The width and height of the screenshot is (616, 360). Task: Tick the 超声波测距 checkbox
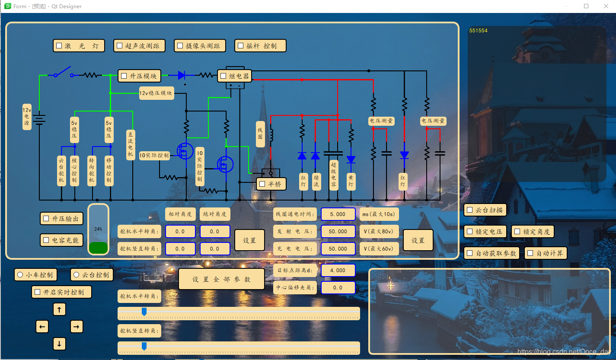[120, 46]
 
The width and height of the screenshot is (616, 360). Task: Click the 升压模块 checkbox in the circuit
[124, 76]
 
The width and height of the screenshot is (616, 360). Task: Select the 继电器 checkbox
[223, 76]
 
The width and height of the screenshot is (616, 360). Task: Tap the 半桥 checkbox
[262, 184]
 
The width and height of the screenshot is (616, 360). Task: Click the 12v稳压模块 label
[156, 93]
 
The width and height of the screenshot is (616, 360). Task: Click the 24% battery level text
[98, 229]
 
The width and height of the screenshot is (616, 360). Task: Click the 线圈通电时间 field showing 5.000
[338, 214]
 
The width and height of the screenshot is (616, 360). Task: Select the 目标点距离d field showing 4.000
[338, 271]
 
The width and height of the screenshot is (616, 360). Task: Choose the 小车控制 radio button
[20, 275]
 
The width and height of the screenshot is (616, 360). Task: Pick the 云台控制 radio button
[77, 275]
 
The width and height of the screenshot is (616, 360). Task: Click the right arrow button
[77, 327]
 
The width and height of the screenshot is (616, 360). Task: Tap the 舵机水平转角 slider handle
[144, 312]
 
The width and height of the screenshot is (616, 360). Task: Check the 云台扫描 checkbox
[470, 210]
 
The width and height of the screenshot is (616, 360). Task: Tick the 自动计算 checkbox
[530, 253]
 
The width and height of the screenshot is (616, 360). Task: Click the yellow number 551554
[478, 31]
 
